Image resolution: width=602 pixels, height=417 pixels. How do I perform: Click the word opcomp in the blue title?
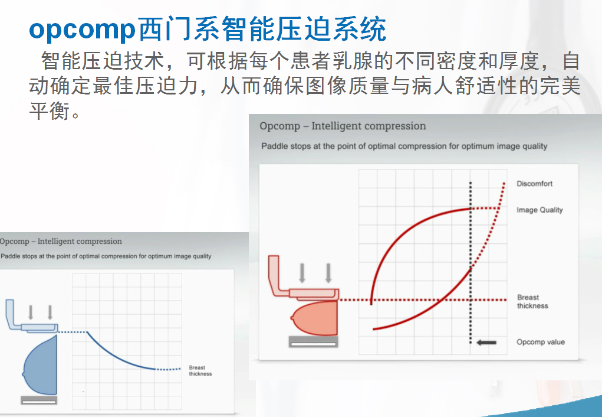pyautogui.click(x=83, y=30)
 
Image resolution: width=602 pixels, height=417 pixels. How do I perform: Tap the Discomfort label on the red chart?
pyautogui.click(x=534, y=184)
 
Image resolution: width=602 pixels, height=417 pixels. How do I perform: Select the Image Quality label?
pyautogui.click(x=540, y=210)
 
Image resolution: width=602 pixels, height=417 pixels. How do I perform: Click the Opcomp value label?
pyautogui.click(x=541, y=342)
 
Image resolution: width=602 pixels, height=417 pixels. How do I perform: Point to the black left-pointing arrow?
pyautogui.click(x=486, y=343)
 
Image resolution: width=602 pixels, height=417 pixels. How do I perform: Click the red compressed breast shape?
pyautogui.click(x=315, y=318)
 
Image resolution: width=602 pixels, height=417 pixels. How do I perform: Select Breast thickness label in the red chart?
pyautogui.click(x=532, y=302)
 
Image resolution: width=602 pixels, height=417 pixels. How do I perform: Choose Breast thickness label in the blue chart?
pyautogui.click(x=200, y=370)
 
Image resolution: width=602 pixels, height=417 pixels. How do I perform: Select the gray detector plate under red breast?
pyautogui.click(x=313, y=342)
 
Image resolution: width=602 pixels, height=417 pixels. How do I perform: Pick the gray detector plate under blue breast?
pyautogui.click(x=39, y=400)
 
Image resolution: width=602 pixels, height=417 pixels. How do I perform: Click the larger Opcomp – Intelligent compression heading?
pyautogui.click(x=343, y=126)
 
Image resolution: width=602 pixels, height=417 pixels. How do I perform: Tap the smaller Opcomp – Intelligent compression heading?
pyautogui.click(x=61, y=241)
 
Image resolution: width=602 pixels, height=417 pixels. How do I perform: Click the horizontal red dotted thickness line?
pyautogui.click(x=423, y=299)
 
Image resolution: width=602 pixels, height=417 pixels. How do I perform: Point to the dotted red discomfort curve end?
pyautogui.click(x=504, y=183)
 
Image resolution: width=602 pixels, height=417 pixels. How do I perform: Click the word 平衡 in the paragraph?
pyautogui.click(x=50, y=110)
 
